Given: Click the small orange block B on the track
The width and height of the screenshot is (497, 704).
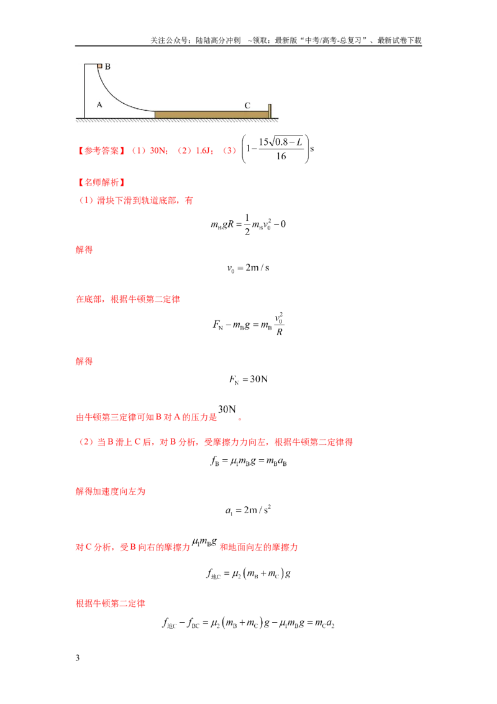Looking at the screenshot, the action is click(99, 66).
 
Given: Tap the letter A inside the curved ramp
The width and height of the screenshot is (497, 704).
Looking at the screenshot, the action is click(99, 104).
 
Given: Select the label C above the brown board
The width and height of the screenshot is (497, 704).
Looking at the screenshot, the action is click(247, 106).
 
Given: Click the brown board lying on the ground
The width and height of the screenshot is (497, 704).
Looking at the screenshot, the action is click(211, 114).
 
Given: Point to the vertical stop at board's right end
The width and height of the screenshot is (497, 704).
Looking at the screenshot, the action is click(270, 111).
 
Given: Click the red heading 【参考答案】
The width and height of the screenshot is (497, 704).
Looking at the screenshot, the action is click(101, 151).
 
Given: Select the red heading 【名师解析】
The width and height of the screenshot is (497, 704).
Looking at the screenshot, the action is click(101, 182).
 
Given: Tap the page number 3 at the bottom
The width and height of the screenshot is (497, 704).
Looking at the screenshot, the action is click(78, 658).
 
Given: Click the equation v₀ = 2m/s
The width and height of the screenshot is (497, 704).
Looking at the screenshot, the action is click(248, 268).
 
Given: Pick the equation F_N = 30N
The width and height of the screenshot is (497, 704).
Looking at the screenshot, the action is click(248, 379).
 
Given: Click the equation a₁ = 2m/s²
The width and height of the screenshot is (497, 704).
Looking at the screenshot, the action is click(248, 510).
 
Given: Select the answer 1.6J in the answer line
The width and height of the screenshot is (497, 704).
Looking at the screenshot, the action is click(203, 151).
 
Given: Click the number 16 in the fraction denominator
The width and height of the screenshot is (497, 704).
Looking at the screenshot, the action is click(281, 156).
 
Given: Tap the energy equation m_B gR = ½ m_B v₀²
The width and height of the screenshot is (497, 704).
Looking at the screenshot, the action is click(248, 225).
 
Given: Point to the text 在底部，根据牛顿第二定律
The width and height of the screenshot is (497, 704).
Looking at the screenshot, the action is click(128, 299).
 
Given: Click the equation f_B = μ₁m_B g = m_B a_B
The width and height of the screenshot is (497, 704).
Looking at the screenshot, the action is click(248, 461).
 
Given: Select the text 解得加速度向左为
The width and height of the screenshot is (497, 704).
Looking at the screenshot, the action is click(111, 491).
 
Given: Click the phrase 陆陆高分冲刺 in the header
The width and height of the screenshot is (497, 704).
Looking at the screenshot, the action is click(218, 40).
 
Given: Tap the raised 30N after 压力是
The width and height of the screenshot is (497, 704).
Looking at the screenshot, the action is click(227, 409).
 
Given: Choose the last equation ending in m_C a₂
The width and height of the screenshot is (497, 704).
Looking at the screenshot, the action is click(248, 623).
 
